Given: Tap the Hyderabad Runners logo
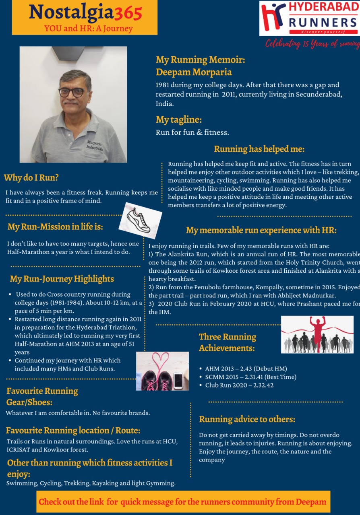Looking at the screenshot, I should pyautogui.click(x=309, y=19).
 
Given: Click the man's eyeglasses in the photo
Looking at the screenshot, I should pyautogui.click(x=74, y=92).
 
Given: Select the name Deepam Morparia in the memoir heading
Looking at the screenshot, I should pyautogui.click(x=194, y=72).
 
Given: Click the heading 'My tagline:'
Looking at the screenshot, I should pyautogui.click(x=179, y=120).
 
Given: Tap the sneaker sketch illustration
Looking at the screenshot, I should pyautogui.click(x=139, y=220).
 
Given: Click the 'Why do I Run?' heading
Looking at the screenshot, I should pyautogui.click(x=31, y=177).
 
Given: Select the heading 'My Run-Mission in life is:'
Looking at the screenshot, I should pyautogui.click(x=55, y=227).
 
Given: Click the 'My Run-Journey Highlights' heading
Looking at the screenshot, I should pyautogui.click(x=62, y=279).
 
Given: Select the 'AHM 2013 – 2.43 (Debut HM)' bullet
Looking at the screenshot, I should pyautogui.click(x=246, y=369).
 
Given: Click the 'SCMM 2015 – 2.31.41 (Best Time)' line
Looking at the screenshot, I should pyautogui.click(x=250, y=377).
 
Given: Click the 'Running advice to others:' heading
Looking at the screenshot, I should pyautogui.click(x=247, y=419).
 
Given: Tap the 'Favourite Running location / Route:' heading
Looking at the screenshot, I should pyautogui.click(x=73, y=431).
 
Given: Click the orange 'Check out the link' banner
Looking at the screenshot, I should pyautogui.click(x=183, y=502).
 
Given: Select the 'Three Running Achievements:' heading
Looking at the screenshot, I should pyautogui.click(x=228, y=342).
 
